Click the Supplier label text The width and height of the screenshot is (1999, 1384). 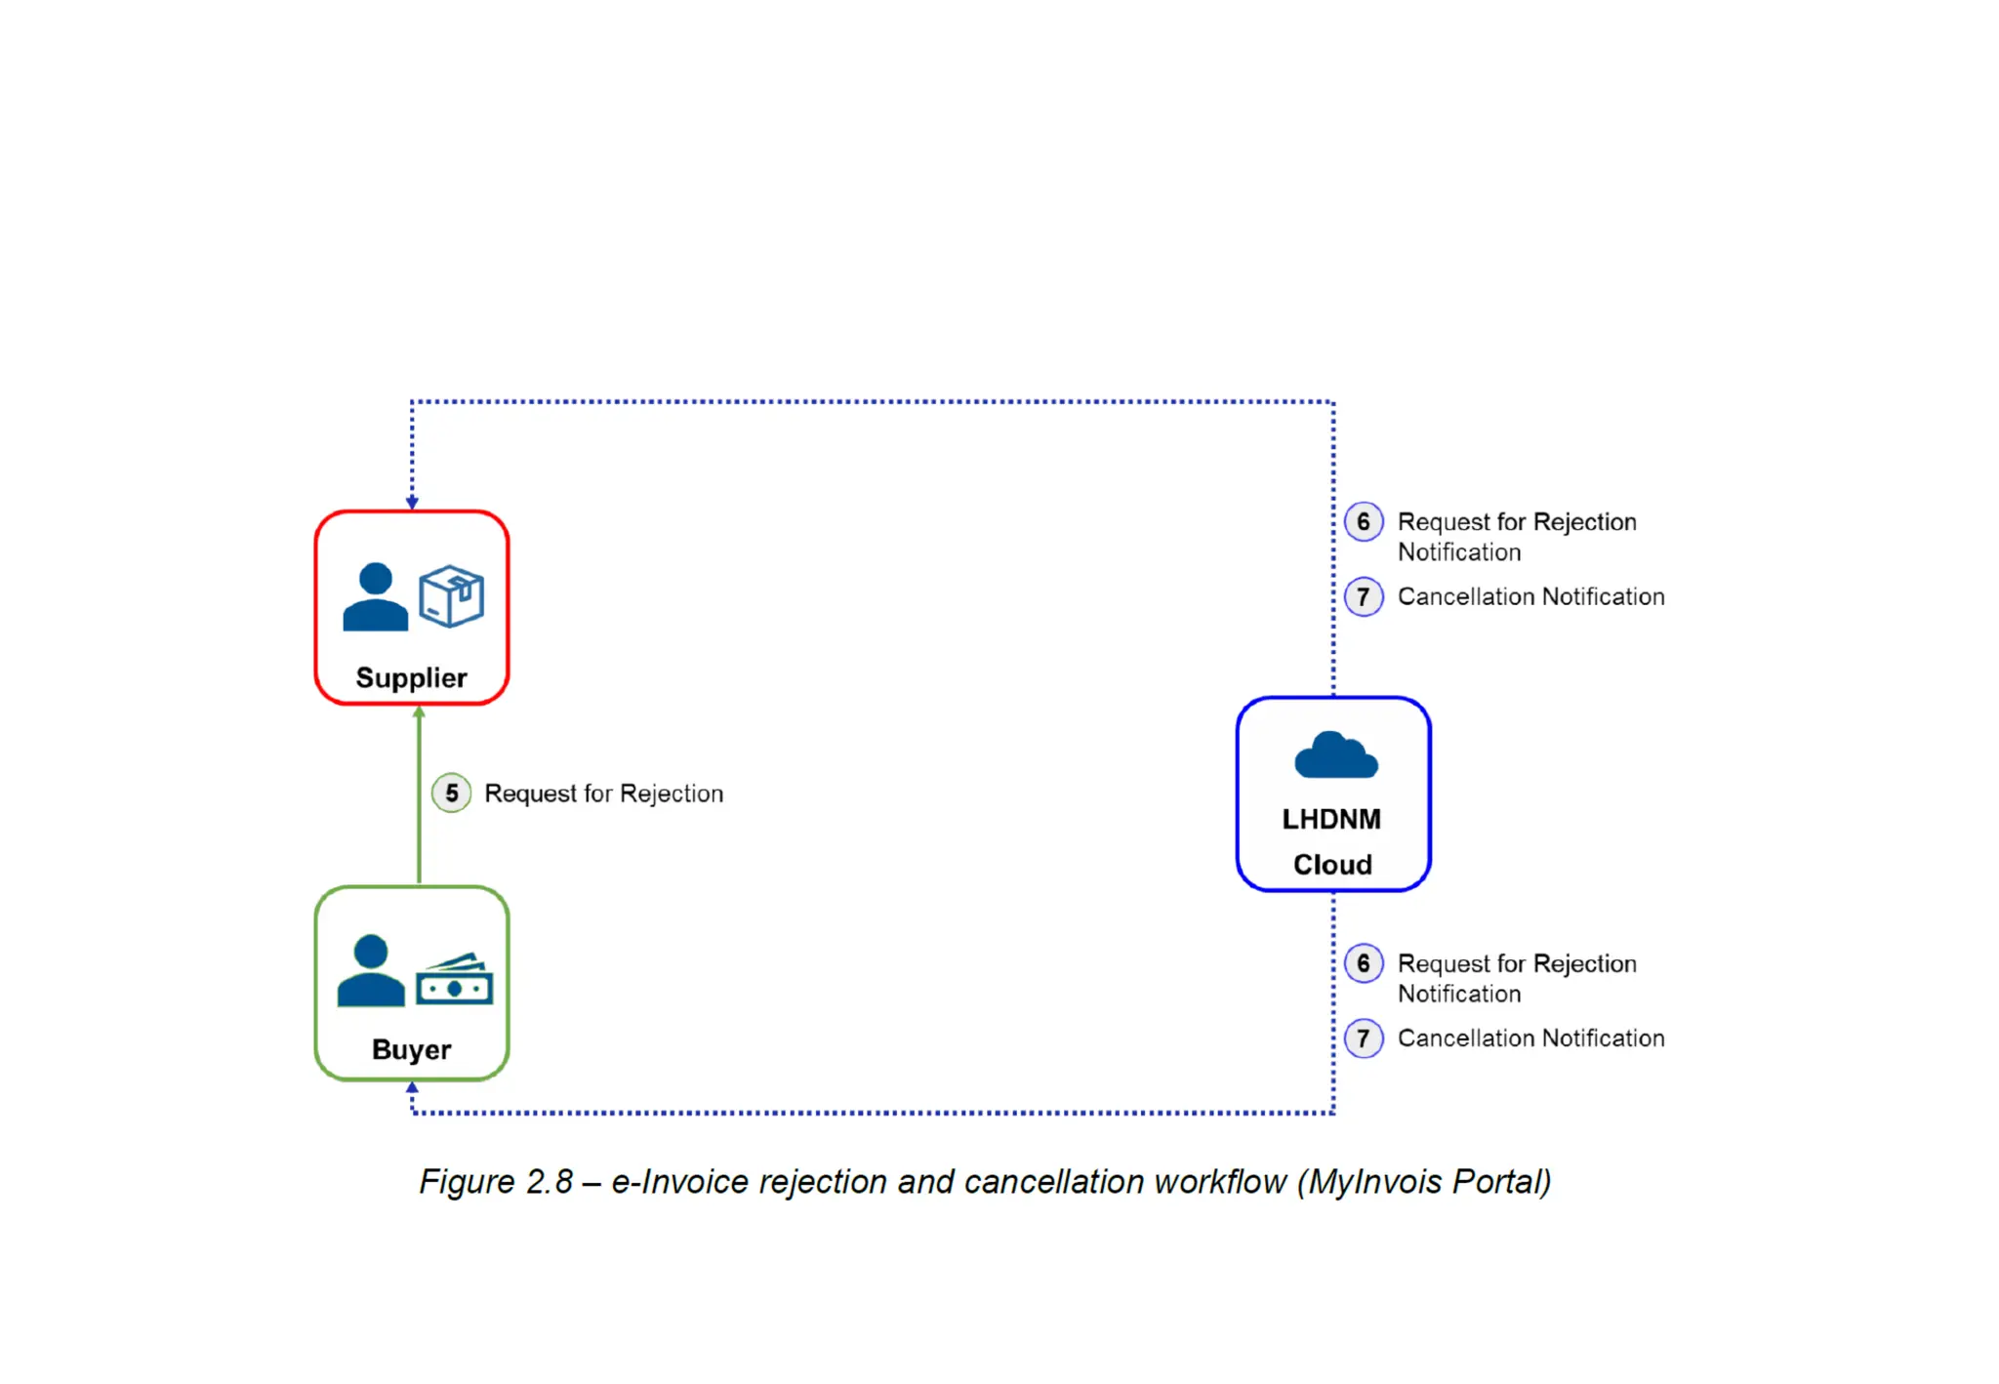click(x=411, y=677)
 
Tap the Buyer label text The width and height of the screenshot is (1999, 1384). click(x=411, y=1049)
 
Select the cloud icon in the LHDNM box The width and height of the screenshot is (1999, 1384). click(x=1335, y=754)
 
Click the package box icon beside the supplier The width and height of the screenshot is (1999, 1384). click(x=451, y=595)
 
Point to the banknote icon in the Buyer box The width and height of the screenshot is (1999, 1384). click(x=454, y=979)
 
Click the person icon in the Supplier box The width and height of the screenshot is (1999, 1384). click(x=375, y=596)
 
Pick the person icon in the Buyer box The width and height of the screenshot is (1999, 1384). click(x=370, y=970)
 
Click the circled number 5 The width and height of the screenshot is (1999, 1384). click(x=451, y=794)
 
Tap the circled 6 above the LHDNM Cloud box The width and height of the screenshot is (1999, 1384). click(x=1364, y=522)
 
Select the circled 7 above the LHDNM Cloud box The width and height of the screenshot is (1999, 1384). click(x=1364, y=596)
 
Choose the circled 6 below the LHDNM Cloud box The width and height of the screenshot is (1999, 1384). click(x=1364, y=964)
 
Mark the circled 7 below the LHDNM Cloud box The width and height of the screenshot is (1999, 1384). click(x=1364, y=1038)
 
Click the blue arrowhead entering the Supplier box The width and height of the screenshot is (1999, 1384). click(x=412, y=503)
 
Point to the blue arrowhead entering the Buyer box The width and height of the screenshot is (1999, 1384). click(x=412, y=1087)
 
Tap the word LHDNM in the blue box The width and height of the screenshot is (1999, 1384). click(x=1331, y=819)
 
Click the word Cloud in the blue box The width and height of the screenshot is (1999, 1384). click(x=1332, y=865)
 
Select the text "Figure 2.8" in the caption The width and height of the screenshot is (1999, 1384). click(x=496, y=1182)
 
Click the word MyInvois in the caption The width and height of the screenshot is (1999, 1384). click(x=1375, y=1182)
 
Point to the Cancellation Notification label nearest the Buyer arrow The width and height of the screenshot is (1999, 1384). click(x=1530, y=1038)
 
